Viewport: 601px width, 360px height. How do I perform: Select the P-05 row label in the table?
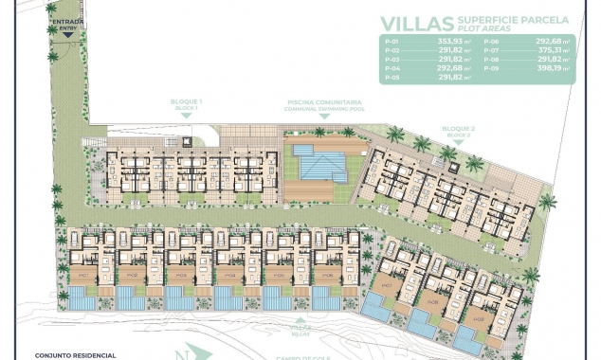point(392,78)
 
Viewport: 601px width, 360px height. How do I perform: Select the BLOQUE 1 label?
point(187,100)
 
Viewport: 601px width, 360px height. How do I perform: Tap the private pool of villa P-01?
point(83,300)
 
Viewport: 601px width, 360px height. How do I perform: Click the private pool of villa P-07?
point(379,309)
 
